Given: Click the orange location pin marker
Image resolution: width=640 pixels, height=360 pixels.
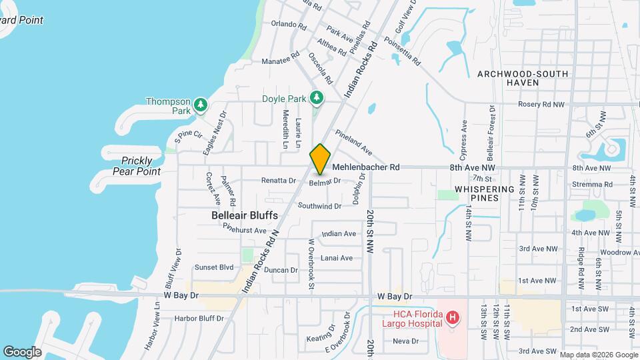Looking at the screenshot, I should pyautogui.click(x=320, y=159).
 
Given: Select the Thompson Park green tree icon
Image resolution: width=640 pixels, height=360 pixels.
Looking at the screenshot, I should pyautogui.click(x=200, y=105).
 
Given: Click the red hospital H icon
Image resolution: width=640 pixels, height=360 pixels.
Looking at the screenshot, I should pyautogui.click(x=452, y=318).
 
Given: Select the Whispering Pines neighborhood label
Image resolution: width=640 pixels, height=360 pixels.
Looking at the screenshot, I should pyautogui.click(x=485, y=194).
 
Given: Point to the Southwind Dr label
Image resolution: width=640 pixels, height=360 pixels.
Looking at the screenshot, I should pyautogui.click(x=319, y=206).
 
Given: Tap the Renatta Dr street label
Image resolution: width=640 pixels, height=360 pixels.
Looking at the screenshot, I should pyautogui.click(x=278, y=180).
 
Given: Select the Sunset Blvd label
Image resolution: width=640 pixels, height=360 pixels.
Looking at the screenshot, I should pyautogui.click(x=213, y=267).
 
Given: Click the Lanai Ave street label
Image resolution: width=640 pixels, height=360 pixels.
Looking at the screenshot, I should pyautogui.click(x=336, y=258).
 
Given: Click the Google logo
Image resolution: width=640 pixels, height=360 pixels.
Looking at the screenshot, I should pyautogui.click(x=22, y=352).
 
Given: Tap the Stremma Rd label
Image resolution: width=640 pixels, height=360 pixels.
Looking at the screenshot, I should pyautogui.click(x=592, y=185).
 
